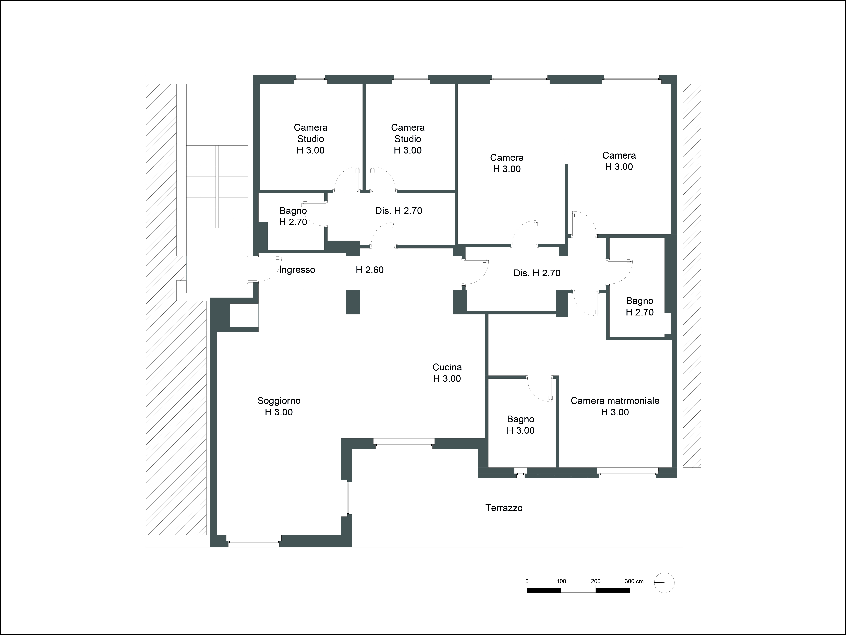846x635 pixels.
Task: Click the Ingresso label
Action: tap(297, 270)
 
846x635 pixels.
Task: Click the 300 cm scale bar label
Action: tap(634, 581)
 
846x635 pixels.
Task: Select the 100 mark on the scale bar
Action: tap(561, 581)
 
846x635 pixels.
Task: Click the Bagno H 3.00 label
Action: tap(521, 425)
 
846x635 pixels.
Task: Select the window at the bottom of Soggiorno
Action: tap(253, 541)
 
